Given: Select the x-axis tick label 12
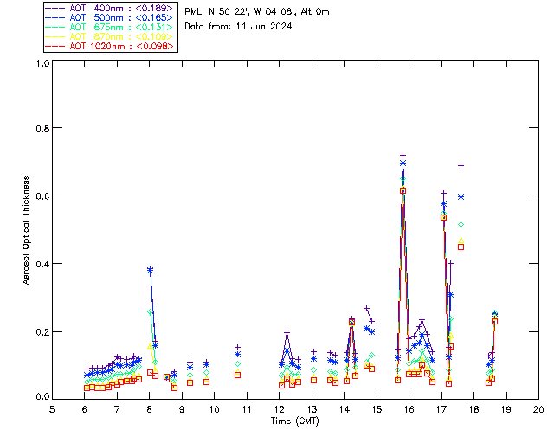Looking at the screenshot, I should [279, 408].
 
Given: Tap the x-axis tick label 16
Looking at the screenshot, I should [409, 408].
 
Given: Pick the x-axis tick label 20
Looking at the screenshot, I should [538, 408].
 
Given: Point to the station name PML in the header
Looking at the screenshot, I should [195, 12].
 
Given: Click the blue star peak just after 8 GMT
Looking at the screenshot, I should [150, 270].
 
